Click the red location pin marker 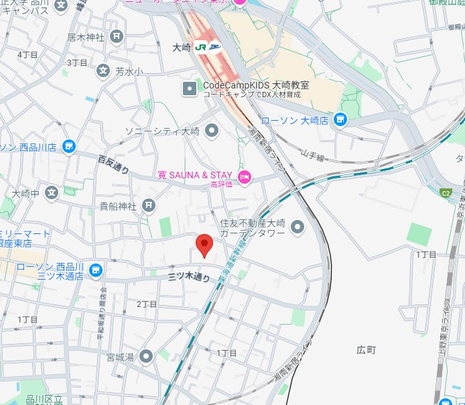tap(204, 245)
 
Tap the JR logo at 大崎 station tap(200, 48)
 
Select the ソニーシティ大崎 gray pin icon tap(212, 130)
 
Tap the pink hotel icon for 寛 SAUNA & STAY tap(244, 176)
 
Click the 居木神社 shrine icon tap(117, 36)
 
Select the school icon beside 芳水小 tap(103, 70)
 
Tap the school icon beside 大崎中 tap(52, 193)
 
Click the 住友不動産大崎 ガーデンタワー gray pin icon tap(297, 227)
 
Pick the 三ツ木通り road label tap(189, 276)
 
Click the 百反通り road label tap(113, 164)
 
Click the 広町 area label tap(367, 350)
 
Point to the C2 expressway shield tap(446, 193)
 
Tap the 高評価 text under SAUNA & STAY tap(221, 184)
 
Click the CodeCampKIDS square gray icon tap(190, 88)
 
